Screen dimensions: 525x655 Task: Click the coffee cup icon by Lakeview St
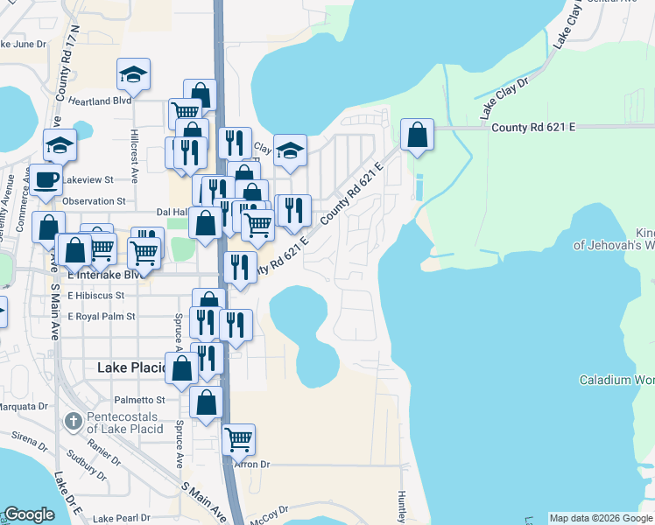[x=47, y=180]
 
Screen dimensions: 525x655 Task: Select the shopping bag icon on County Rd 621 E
[x=418, y=136]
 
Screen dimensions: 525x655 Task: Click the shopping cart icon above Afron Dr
[x=238, y=440]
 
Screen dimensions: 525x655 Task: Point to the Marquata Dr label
[x=26, y=406]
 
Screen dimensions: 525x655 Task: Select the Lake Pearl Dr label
[x=122, y=518]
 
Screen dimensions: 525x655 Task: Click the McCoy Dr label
[x=269, y=510]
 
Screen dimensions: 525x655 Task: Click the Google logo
[x=29, y=515]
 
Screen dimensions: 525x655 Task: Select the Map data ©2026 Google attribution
[x=599, y=518]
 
